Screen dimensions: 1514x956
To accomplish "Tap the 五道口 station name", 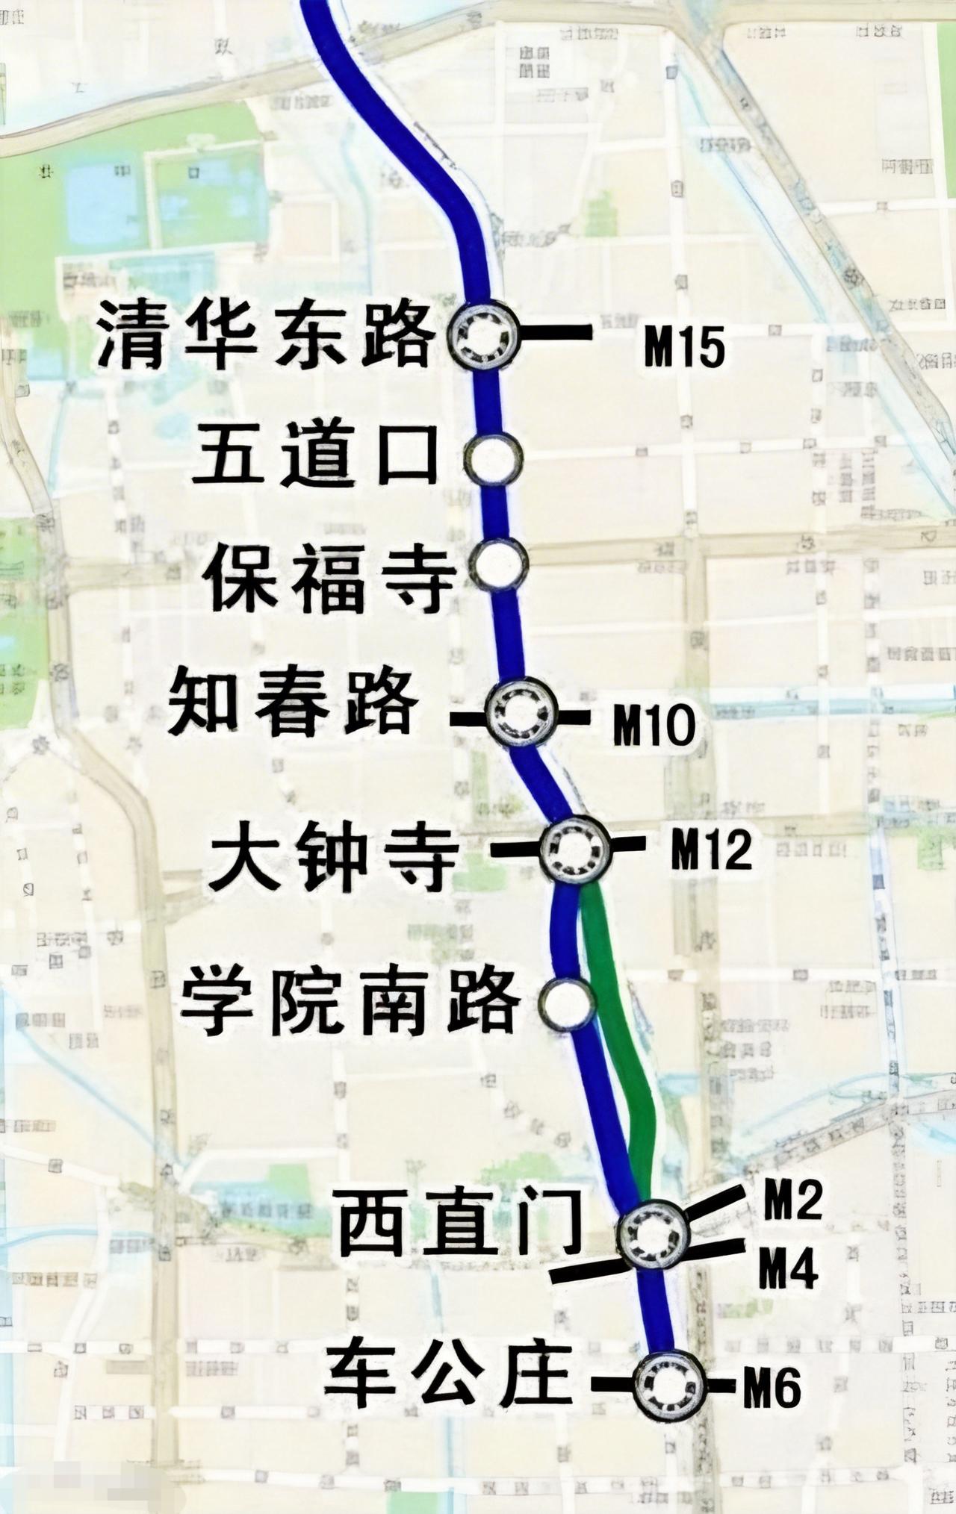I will (314, 455).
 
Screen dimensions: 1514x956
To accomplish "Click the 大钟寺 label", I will (333, 854).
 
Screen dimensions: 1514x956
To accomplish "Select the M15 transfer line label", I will (684, 348).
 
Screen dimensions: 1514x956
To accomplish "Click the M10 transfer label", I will (654, 726).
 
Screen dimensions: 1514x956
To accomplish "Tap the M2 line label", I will (792, 1200).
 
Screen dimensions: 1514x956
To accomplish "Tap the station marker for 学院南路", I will (568, 1003).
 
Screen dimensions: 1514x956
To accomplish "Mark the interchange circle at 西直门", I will (654, 1234).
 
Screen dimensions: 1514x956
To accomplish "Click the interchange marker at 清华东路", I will (484, 335).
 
